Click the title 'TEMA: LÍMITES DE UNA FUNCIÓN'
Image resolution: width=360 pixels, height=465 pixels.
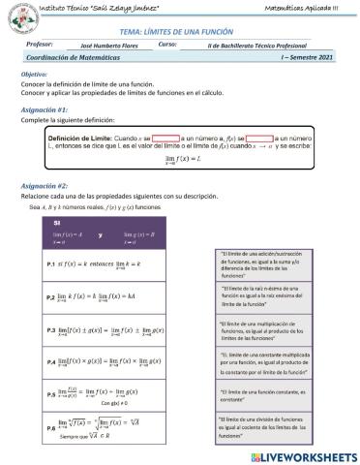[x=180, y=32]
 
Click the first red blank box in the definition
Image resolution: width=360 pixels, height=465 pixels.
[x=166, y=138]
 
